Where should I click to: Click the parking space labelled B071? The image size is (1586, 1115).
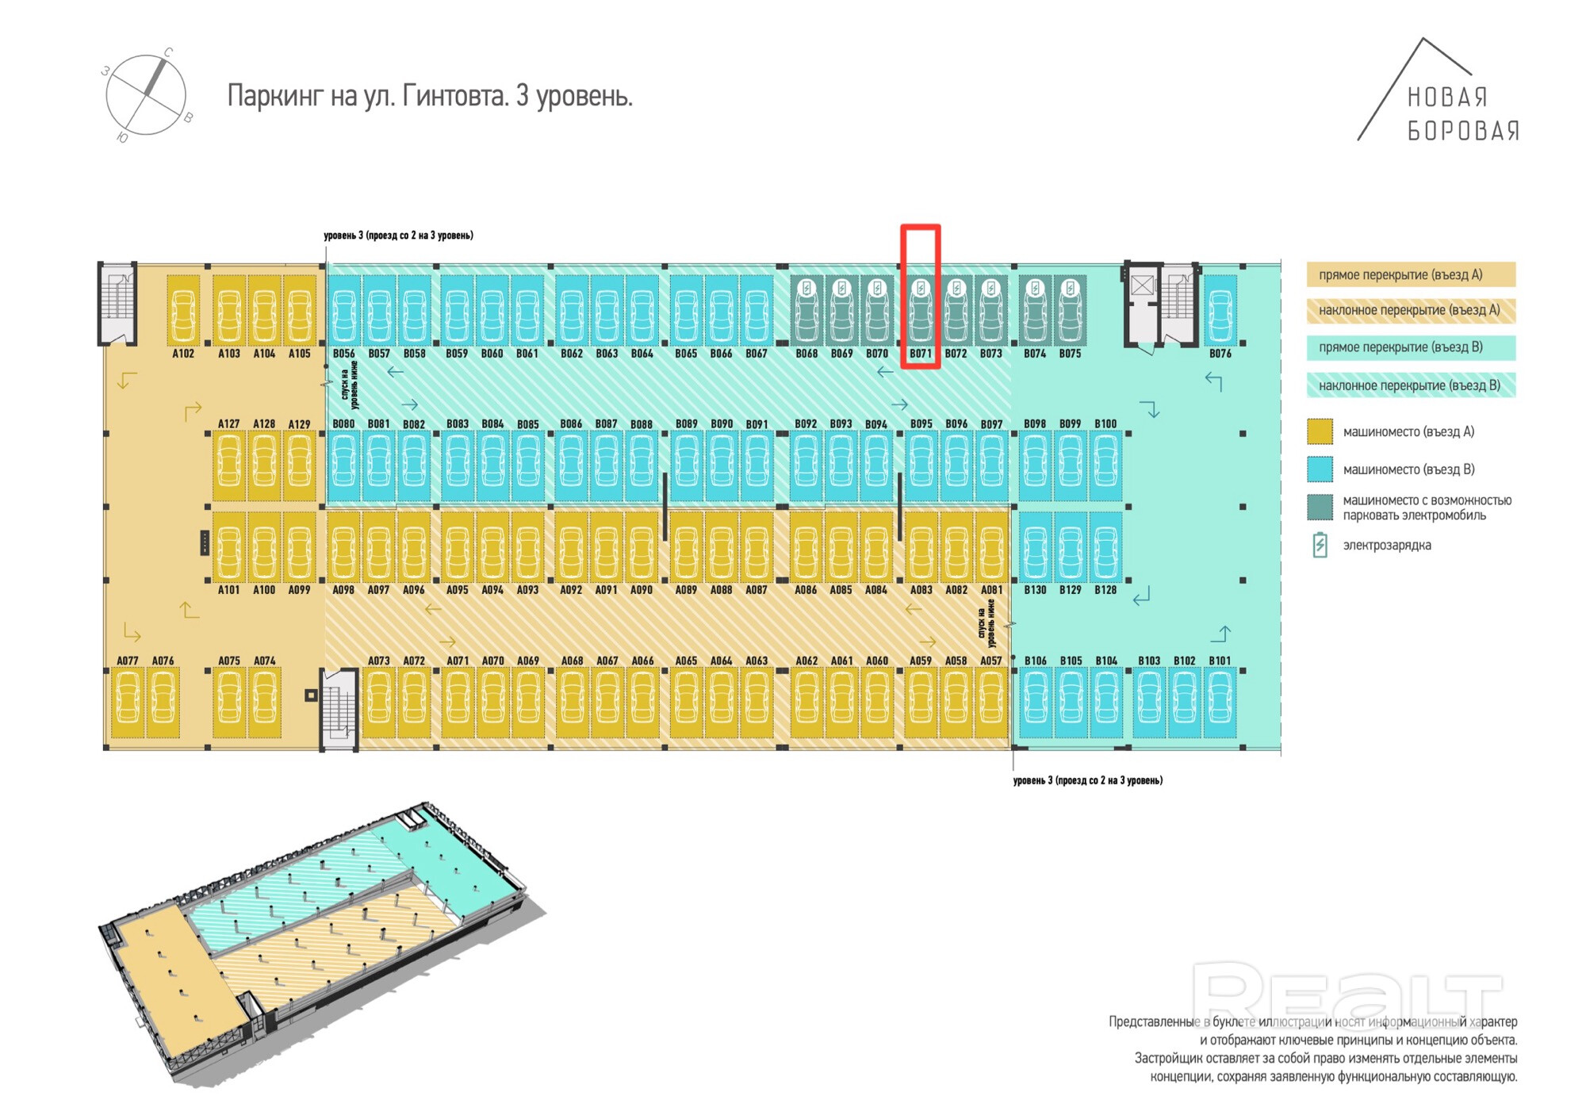coord(920,310)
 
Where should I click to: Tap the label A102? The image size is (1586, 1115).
coord(183,354)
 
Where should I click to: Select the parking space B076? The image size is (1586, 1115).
coord(1220,310)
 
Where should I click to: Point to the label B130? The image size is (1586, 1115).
coord(1035,590)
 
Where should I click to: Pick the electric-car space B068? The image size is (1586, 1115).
coord(806,310)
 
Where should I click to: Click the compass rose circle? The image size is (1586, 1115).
coord(146,95)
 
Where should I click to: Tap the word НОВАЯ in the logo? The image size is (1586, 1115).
coord(1447,98)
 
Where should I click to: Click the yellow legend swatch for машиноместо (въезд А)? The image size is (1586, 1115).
coord(1320,431)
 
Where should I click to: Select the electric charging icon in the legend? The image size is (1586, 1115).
coord(1320,545)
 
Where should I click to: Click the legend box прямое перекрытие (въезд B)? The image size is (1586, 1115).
coord(1411,347)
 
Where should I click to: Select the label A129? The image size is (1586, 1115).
coord(299,424)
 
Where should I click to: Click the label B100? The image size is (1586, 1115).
coord(1105,424)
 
